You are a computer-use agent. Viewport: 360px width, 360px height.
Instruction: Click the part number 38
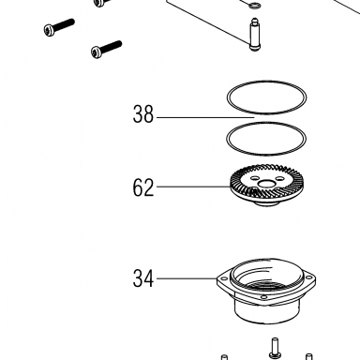143,114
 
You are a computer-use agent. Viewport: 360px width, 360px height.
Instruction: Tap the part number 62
143,187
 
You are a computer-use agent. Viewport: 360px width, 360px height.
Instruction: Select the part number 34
143,278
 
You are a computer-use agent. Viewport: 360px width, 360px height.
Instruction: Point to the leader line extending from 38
205,117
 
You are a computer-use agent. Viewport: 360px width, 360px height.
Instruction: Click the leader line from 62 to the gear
194,187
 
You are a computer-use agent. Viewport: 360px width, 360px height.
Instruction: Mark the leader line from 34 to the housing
187,278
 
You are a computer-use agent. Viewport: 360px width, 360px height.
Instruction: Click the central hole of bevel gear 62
267,184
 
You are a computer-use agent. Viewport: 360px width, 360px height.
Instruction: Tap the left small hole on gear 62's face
255,178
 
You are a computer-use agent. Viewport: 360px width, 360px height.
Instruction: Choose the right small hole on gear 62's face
280,178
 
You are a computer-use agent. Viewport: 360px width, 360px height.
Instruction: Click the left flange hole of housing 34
224,278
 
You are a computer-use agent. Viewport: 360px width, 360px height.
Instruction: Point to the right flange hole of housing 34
308,277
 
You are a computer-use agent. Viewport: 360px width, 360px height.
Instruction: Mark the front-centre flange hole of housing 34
263,297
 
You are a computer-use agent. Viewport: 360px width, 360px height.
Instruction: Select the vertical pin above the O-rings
255,34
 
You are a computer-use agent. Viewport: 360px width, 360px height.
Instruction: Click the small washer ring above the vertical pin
254,5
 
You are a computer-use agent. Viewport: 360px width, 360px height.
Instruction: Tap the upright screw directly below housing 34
274,348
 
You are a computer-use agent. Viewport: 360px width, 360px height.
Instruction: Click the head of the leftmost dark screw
50,30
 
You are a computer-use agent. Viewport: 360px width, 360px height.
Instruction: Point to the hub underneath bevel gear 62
266,203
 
